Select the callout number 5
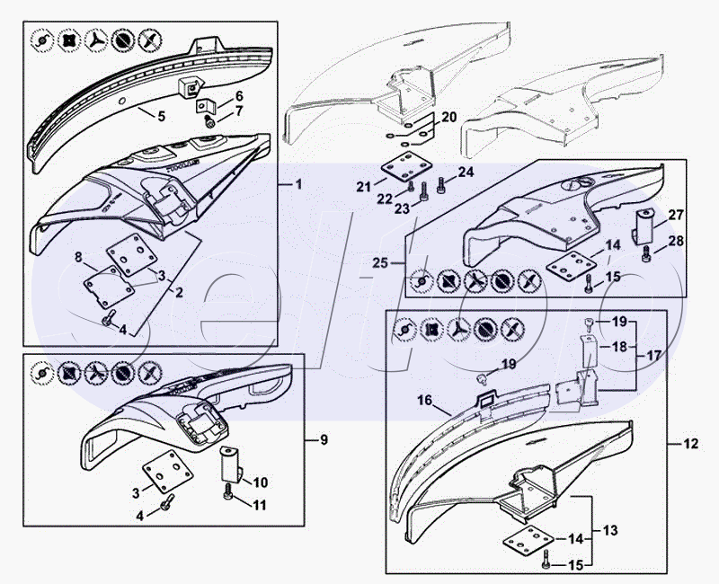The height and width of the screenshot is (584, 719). tap(161, 116)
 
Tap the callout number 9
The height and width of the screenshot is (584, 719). tap(324, 440)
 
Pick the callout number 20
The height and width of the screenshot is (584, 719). tap(449, 118)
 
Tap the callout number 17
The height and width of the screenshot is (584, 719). tap(653, 356)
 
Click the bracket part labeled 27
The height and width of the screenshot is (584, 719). tap(644, 225)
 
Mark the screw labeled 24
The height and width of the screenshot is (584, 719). tap(441, 186)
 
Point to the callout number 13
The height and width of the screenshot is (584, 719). tap(610, 531)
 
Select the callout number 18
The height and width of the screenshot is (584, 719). tap(618, 346)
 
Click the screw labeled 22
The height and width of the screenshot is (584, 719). tap(411, 190)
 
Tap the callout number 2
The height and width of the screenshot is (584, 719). tap(178, 293)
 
